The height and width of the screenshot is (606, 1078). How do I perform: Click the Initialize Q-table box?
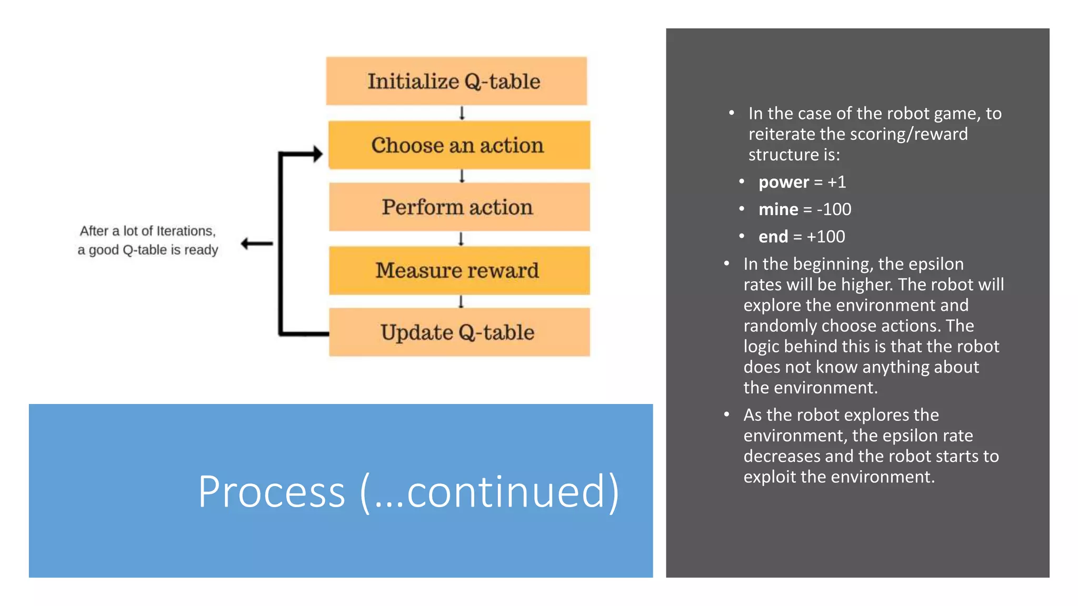click(x=456, y=81)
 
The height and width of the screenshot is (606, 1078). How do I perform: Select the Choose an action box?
click(x=458, y=145)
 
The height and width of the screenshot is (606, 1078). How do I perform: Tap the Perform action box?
click(x=458, y=207)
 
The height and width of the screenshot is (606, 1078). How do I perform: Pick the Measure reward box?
click(x=458, y=270)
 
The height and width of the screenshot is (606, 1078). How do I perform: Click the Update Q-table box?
click(x=458, y=332)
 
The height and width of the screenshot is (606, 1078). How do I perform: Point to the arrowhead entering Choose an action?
click(x=317, y=154)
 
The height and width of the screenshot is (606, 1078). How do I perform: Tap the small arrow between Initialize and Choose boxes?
click(x=462, y=113)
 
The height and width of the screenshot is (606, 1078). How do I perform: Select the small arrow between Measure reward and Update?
click(x=461, y=301)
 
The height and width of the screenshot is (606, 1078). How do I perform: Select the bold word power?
click(x=783, y=182)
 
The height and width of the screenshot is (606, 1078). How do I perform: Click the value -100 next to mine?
click(x=834, y=209)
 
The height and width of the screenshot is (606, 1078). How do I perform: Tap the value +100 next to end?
click(x=826, y=237)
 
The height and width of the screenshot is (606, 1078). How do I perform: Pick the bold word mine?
click(x=778, y=209)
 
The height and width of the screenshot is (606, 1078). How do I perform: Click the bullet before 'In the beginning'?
click(x=726, y=264)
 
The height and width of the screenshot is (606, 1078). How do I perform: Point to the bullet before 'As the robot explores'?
click(x=726, y=415)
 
